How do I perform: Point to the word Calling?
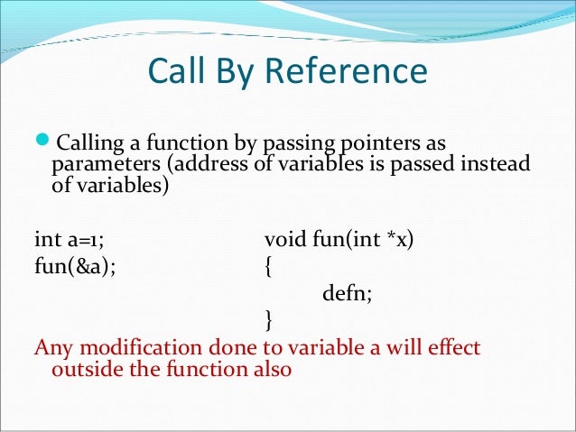coord(88,147)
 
